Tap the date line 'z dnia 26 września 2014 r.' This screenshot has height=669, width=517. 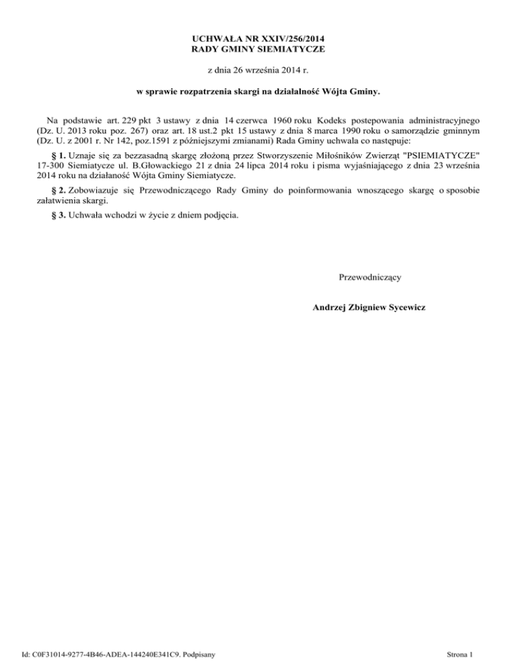coord(258,70)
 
